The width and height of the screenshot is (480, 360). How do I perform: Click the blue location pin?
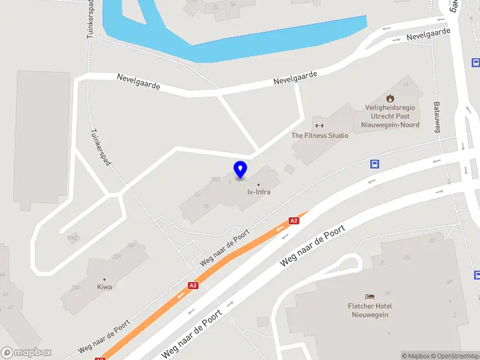coord(240,169)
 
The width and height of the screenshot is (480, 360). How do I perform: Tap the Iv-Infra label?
coord(259,193)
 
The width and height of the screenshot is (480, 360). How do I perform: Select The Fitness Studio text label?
coord(319,136)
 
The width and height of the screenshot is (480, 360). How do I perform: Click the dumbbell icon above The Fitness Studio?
coord(319,126)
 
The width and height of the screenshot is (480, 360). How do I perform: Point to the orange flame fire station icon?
coord(390,98)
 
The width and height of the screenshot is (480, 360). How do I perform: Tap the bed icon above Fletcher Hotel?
coord(370,296)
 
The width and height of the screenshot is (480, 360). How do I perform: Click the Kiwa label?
coord(104,287)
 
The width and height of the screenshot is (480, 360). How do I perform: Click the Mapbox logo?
coord(26,353)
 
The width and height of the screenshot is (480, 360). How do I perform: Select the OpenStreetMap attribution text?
coord(454,356)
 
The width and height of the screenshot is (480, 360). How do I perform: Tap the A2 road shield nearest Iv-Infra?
coord(293,221)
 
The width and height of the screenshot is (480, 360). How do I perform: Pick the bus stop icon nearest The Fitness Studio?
coord(374,164)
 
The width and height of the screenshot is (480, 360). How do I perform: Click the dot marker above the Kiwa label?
coord(104,280)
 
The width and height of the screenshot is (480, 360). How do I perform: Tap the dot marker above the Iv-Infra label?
coord(259,185)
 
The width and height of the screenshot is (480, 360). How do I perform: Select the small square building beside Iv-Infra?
coord(290,170)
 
